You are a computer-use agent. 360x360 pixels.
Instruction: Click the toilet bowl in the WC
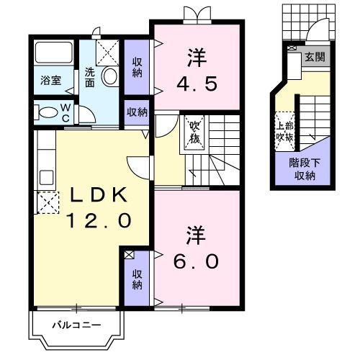pyautogui.click(x=46, y=112)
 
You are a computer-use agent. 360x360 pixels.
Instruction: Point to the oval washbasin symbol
pyautogui.click(x=111, y=76)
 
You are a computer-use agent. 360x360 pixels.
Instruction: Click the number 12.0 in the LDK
pyautogui.click(x=99, y=220)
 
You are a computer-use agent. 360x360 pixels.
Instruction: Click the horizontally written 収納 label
pyautogui.click(x=137, y=112)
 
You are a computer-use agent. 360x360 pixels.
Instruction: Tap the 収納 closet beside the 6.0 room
pyautogui.click(x=137, y=277)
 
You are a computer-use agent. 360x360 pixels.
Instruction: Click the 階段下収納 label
pyautogui.click(x=302, y=169)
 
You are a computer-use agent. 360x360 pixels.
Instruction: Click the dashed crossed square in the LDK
pyautogui.click(x=44, y=205)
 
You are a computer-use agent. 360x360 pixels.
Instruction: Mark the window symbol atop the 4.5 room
pyautogui.click(x=196, y=13)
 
